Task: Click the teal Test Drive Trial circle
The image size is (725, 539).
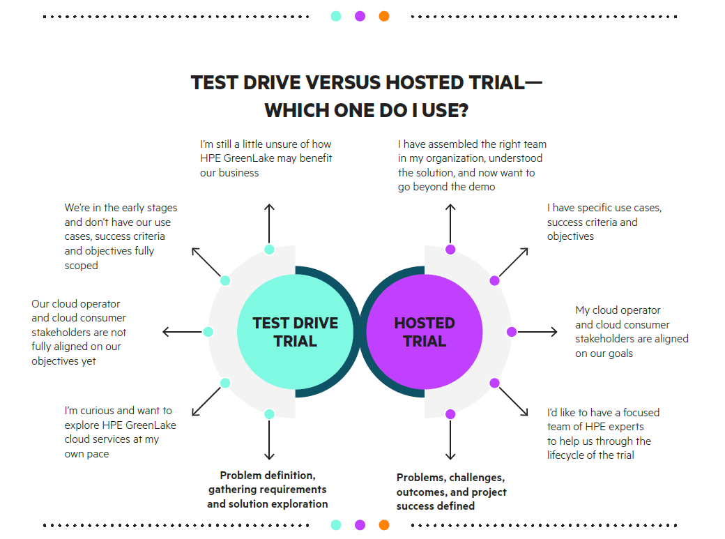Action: coord(295,332)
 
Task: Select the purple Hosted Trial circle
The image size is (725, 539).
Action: coord(425,332)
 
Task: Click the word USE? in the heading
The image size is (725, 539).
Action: coord(445,111)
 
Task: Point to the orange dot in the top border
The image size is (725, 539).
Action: coord(384,16)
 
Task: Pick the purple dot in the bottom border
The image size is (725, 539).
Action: coord(360,524)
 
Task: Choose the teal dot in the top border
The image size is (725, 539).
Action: coord(336,16)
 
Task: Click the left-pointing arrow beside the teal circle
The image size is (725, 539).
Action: coord(182,332)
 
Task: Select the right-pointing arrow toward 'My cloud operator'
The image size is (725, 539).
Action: coord(537,332)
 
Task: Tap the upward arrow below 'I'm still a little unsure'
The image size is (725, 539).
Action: coord(269,223)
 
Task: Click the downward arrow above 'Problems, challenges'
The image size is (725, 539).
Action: coord(450,439)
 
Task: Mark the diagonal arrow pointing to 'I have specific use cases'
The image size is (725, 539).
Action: coord(514,262)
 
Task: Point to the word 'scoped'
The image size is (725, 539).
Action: coord(82,266)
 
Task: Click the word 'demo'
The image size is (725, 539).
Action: coord(482,187)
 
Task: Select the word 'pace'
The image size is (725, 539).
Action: coord(97,455)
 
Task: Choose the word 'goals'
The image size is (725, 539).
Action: coord(620,354)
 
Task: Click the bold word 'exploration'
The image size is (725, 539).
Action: coord(299,504)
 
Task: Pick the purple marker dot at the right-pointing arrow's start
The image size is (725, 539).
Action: coord(512,332)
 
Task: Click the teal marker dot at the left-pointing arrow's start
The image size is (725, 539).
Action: coord(208,332)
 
